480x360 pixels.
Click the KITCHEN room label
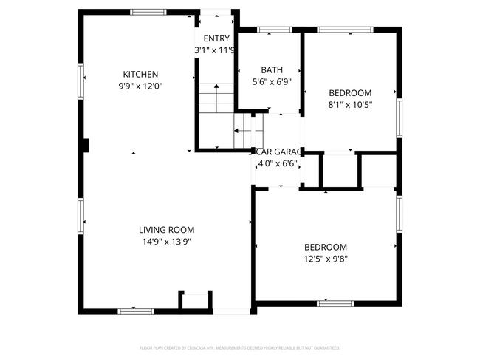click(140, 74)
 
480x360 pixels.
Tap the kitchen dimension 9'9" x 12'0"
click(140, 86)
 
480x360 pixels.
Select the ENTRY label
click(216, 38)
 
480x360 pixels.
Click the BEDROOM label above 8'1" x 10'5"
click(350, 93)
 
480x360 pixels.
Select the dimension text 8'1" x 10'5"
click(350, 105)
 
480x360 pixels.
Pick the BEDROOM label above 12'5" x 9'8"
click(325, 247)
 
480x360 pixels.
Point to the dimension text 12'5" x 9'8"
click(325, 259)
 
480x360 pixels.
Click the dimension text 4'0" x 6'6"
click(276, 163)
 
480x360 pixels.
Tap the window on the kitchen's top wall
click(148, 12)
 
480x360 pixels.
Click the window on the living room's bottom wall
click(136, 311)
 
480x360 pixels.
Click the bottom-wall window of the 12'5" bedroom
click(335, 303)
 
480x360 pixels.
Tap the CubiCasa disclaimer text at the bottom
click(239, 347)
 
